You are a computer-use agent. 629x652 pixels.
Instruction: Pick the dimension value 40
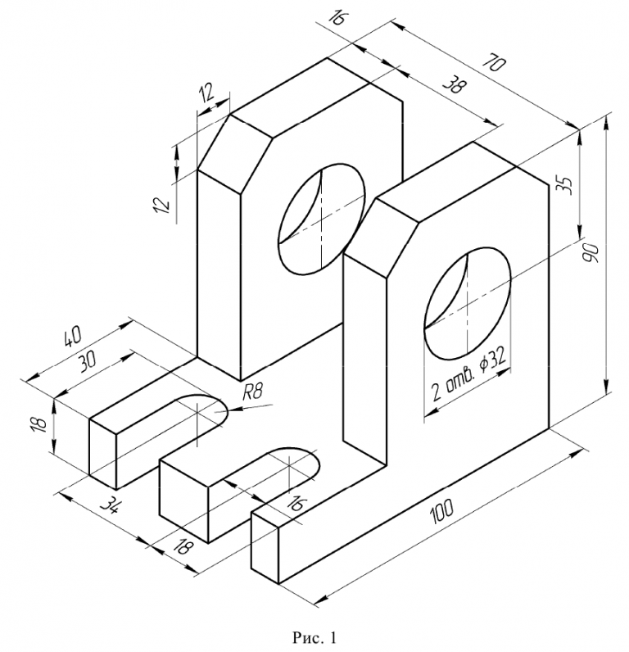(x=71, y=337)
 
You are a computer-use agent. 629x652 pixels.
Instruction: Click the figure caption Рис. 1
(x=314, y=635)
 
